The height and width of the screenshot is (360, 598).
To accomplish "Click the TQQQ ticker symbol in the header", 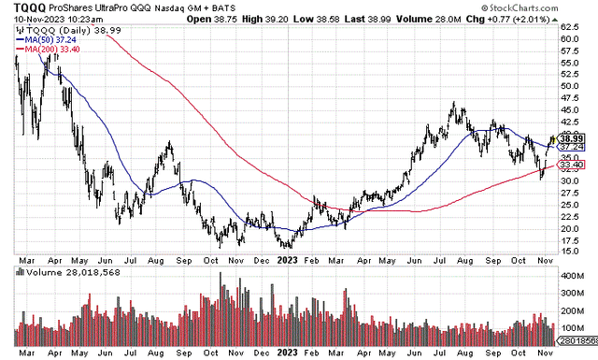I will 21,7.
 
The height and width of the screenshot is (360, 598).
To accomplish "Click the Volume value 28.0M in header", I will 528,19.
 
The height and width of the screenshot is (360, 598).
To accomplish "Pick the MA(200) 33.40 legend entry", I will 47,50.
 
